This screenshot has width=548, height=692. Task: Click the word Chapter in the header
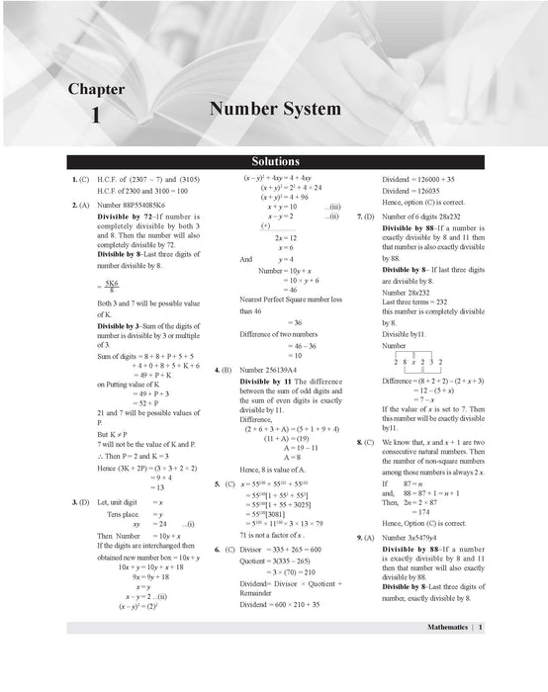[96, 89]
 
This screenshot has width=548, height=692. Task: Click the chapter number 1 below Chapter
[96, 116]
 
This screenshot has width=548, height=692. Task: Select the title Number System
[275, 109]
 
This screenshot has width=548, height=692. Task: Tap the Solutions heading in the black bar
[275, 161]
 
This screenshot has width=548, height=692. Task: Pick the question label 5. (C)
[224, 484]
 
